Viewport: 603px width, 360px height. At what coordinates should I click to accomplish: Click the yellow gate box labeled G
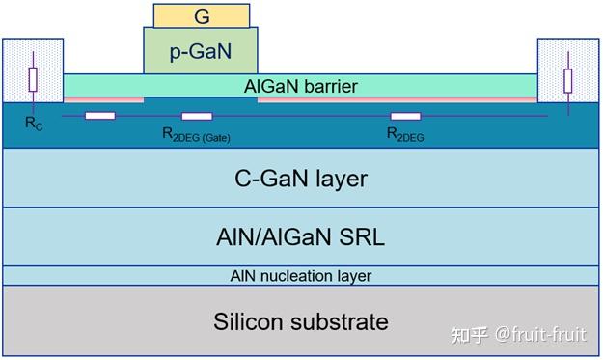coord(201,15)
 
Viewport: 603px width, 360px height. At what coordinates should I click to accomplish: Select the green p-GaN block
coord(201,51)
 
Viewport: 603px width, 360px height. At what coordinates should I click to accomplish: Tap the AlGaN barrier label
coord(301,86)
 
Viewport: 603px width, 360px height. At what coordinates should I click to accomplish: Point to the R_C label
coord(33,125)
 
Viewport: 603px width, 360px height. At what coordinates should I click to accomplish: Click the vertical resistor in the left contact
coord(33,79)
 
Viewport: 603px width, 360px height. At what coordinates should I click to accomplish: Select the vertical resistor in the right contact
coord(567,79)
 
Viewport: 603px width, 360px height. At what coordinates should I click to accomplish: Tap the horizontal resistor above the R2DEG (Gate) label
coord(197,117)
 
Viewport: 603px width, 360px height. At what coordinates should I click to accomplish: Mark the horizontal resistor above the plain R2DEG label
coord(405,117)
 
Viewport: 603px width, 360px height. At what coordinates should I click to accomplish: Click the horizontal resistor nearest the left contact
coord(100,117)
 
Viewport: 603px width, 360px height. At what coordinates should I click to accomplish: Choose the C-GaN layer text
coord(301,179)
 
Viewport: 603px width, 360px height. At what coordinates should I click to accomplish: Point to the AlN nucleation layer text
coord(301,276)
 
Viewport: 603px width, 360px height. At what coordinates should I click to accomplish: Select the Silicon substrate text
coord(301,320)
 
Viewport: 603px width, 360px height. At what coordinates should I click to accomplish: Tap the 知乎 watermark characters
coord(470,335)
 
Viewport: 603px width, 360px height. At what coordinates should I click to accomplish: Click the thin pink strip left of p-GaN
coord(103,99)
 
